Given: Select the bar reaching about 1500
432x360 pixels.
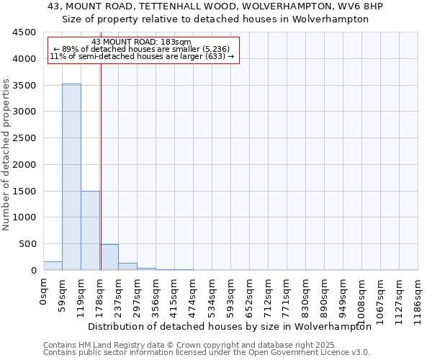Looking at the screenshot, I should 90,230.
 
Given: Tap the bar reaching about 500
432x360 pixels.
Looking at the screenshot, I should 109,257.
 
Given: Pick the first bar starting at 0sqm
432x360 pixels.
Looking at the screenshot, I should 53,266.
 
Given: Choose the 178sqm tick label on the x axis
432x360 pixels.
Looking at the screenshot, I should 100,292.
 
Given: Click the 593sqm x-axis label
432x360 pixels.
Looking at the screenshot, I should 231,292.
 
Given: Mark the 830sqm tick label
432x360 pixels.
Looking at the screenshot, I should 306,292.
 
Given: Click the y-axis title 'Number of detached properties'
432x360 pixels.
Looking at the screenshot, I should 7,155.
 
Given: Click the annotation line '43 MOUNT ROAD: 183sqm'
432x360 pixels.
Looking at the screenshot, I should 142,42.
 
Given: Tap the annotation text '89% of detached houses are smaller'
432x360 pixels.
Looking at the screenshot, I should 142,49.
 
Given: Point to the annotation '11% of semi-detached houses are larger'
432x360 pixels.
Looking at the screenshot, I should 142,56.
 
